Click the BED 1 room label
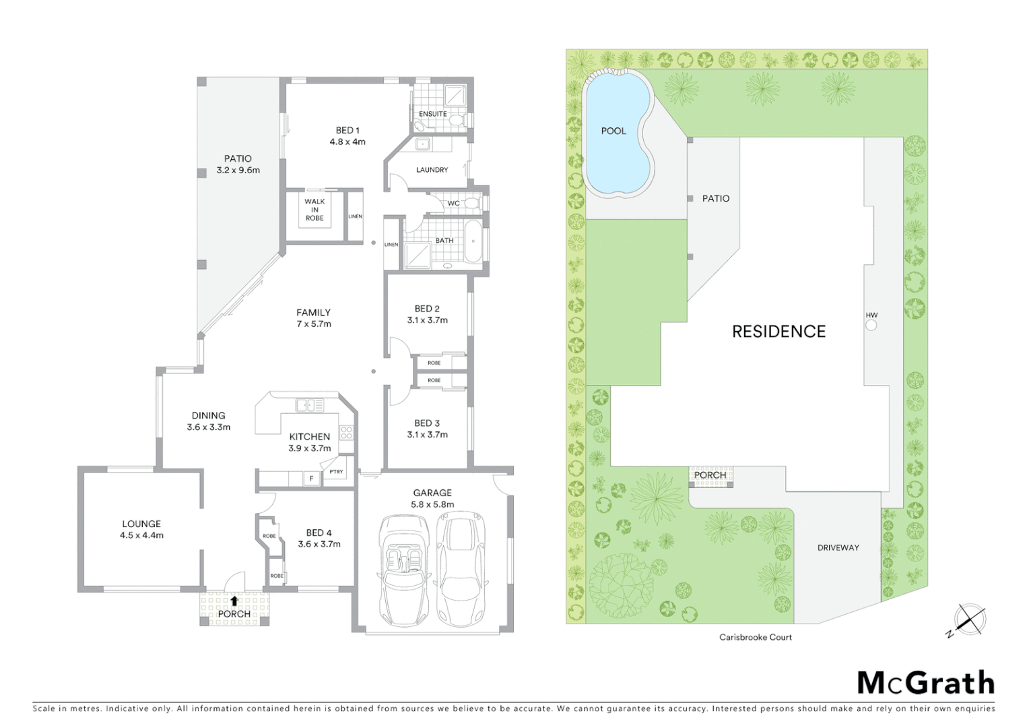[347, 130]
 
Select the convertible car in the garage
[403, 568]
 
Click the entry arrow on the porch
[234, 601]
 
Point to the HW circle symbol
[871, 326]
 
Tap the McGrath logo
[925, 683]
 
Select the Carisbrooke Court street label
[755, 637]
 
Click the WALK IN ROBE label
[314, 210]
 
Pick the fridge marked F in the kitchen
[310, 479]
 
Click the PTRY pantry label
[336, 472]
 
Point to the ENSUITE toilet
[457, 121]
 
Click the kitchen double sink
[310, 405]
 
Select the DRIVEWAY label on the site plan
[838, 548]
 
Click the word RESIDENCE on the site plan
[778, 332]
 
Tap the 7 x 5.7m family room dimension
[314, 324]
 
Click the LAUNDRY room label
[432, 170]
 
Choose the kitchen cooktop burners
[346, 433]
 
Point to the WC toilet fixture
[472, 203]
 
